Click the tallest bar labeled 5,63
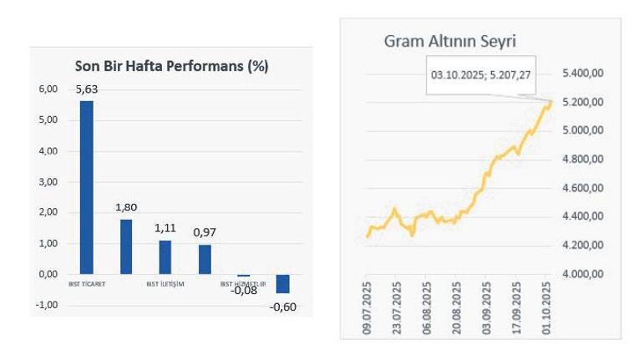coord(86,187)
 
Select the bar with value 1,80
coord(126,246)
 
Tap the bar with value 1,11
coord(165,257)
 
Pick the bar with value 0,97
coord(205,259)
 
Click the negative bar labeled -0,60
coord(284,283)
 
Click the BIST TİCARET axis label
coord(86,283)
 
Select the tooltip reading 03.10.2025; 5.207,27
coord(480,74)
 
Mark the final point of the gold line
coord(553,102)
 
